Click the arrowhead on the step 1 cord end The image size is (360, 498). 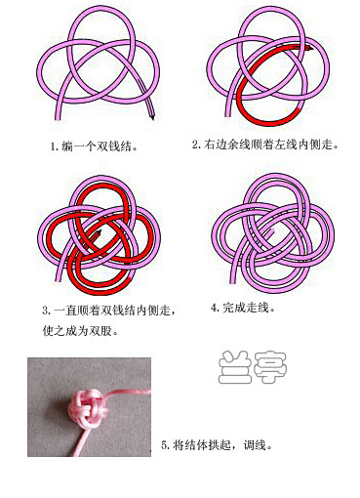152,116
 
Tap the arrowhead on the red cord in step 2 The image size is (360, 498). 309,49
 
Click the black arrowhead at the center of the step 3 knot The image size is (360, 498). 99,232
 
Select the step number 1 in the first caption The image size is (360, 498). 53,146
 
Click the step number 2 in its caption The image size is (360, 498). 195,145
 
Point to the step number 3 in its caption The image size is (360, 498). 46,311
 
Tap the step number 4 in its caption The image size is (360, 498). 214,308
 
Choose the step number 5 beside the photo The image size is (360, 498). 165,444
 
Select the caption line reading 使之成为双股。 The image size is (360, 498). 80,331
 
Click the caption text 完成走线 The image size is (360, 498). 246,308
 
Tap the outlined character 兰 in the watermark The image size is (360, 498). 235,367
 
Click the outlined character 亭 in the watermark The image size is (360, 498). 270,367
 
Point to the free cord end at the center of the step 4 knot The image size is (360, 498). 272,231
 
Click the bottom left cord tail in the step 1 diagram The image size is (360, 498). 59,110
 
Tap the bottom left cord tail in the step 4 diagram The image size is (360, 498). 233,272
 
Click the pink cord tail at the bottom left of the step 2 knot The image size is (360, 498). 228,107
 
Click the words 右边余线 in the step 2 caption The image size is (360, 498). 227,145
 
